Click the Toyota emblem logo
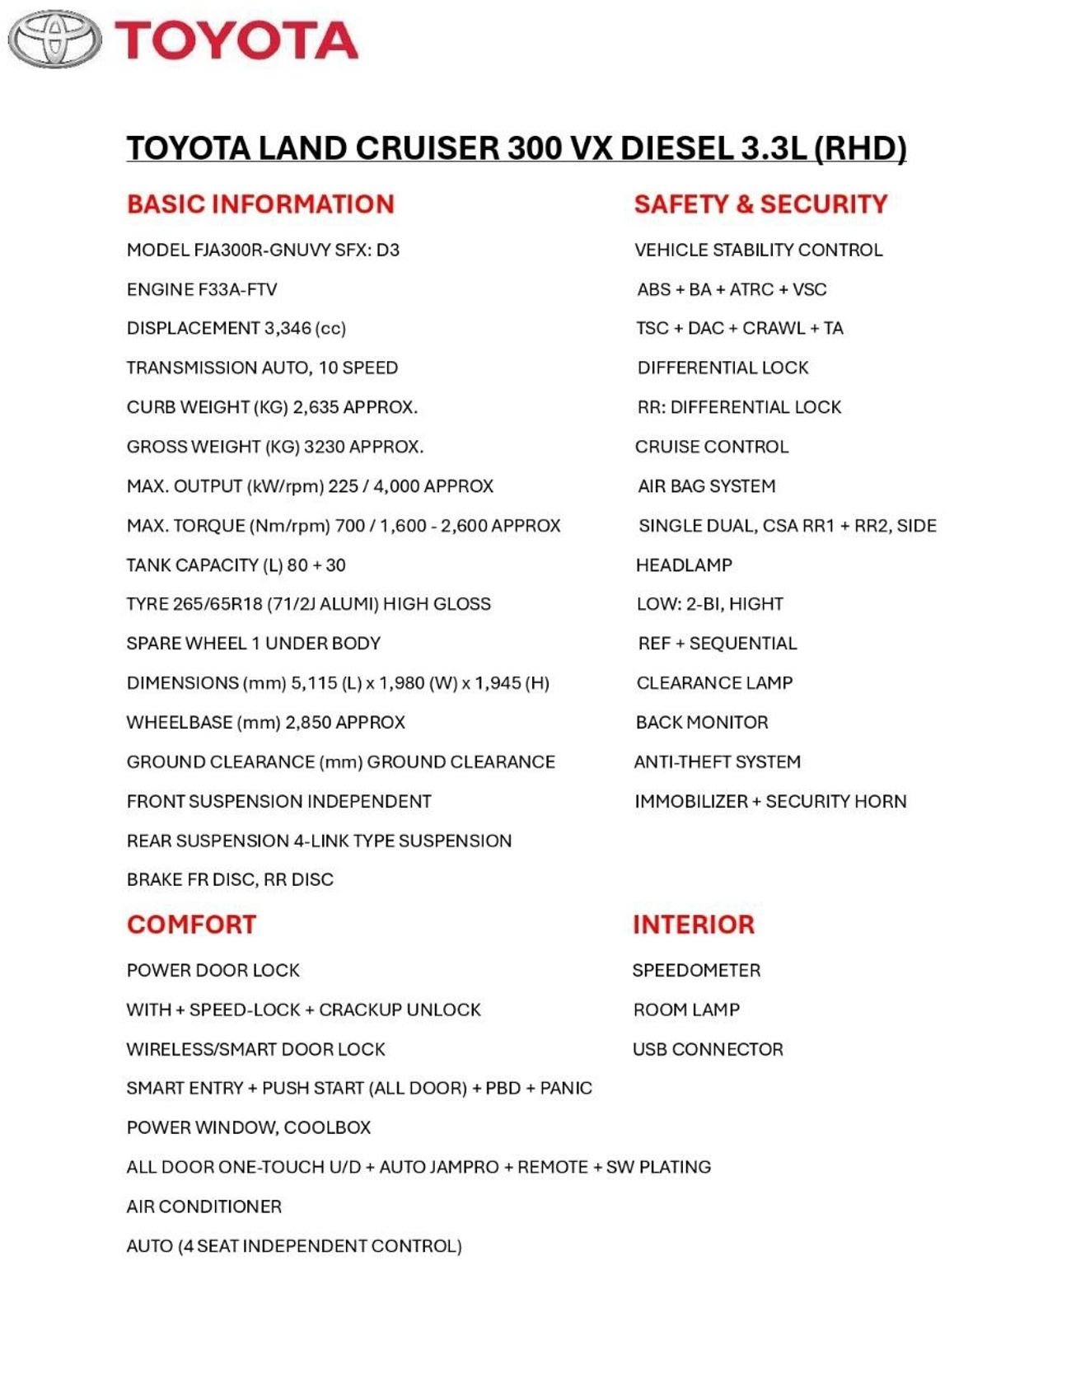click(54, 39)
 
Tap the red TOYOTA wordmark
click(236, 41)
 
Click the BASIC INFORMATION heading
click(260, 204)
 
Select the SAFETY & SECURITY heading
click(760, 204)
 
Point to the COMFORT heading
click(191, 924)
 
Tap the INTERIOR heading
click(693, 924)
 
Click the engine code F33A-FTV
click(238, 289)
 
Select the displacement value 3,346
click(288, 328)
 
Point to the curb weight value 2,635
click(316, 407)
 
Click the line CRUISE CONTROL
click(711, 447)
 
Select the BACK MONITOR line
click(701, 723)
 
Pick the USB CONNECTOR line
click(708, 1049)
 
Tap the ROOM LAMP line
click(686, 1010)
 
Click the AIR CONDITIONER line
click(203, 1207)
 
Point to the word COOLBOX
click(327, 1127)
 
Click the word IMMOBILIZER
click(690, 801)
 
